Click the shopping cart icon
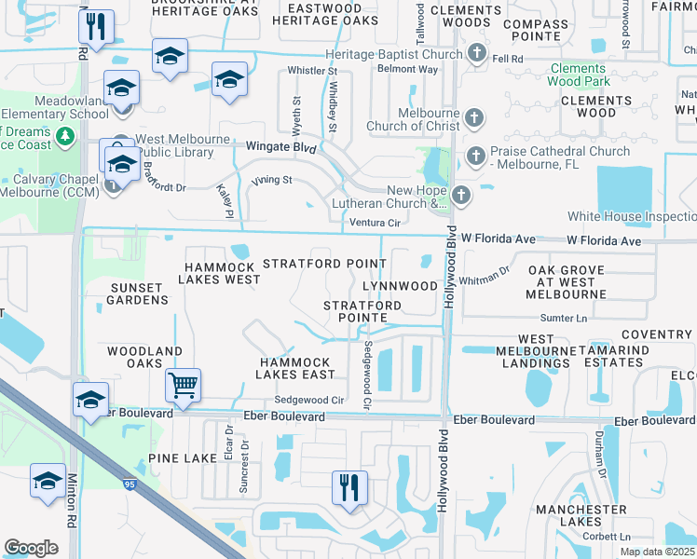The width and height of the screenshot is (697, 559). [x=183, y=384]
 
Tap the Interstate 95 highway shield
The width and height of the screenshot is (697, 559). [x=129, y=484]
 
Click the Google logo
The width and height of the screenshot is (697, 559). [x=31, y=548]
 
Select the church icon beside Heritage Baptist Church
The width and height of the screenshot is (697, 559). [x=476, y=54]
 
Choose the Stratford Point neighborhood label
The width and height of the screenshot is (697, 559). [x=324, y=264]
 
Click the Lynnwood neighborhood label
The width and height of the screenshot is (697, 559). [x=400, y=285]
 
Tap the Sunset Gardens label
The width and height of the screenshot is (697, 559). [x=140, y=293]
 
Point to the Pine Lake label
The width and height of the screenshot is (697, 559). [x=182, y=459]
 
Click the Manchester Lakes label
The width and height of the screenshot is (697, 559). [x=581, y=516]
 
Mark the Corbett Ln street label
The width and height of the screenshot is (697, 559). [x=607, y=537]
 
